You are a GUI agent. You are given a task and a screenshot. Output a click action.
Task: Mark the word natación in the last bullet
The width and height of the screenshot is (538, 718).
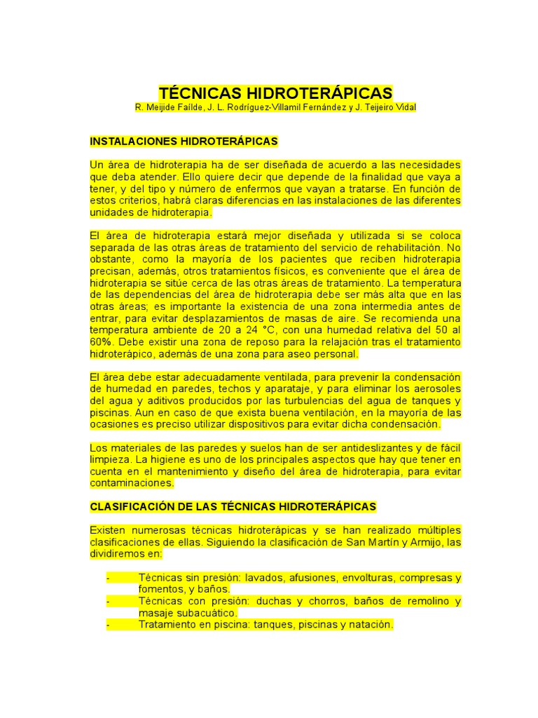pos(372,624)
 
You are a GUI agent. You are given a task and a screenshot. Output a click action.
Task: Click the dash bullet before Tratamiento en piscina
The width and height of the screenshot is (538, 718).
pos(108,624)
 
